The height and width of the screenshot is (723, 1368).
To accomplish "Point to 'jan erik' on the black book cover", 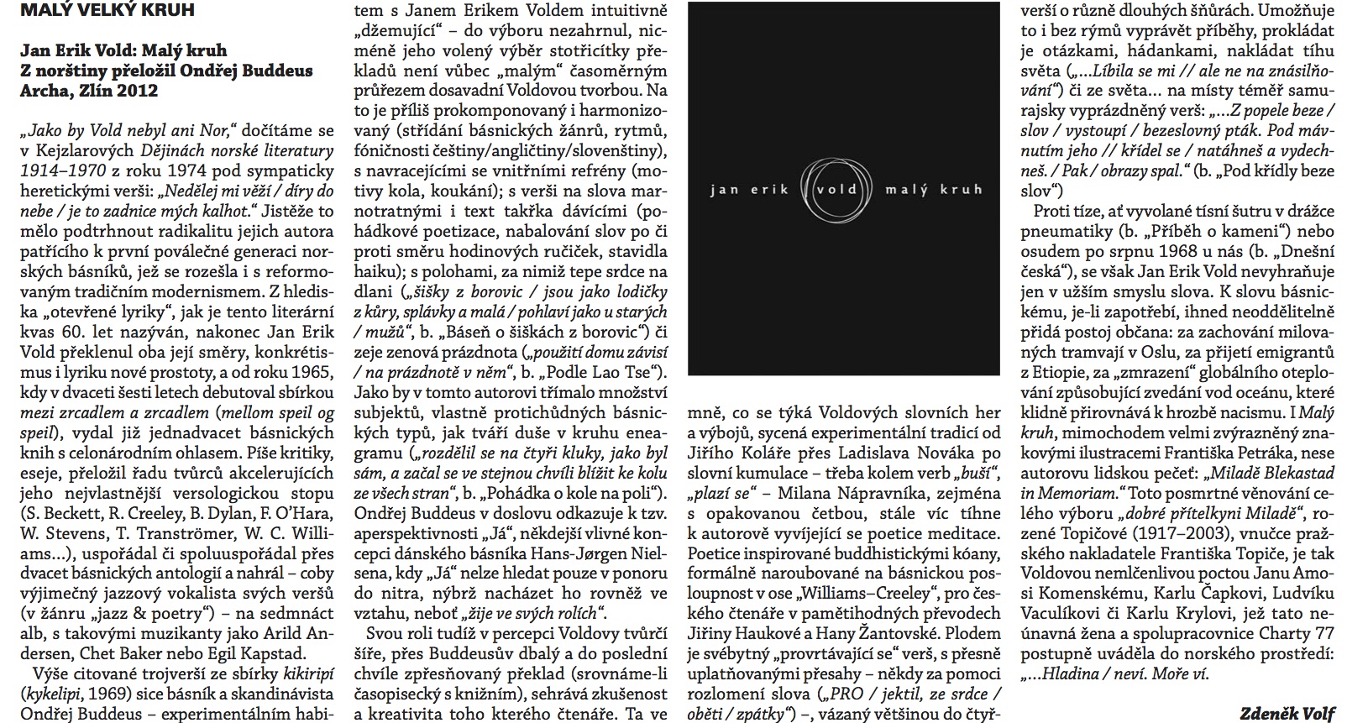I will click(x=749, y=190).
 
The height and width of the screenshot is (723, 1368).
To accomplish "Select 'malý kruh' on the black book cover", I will click(x=934, y=190).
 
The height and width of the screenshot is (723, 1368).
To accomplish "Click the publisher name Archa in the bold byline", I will click(x=45, y=91).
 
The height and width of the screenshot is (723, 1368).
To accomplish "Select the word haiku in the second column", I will click(x=377, y=249).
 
